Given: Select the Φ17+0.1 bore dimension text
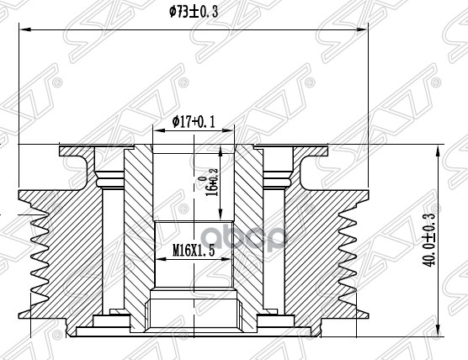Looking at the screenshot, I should [x=194, y=123].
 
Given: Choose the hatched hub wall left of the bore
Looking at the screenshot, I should [x=139, y=236].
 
